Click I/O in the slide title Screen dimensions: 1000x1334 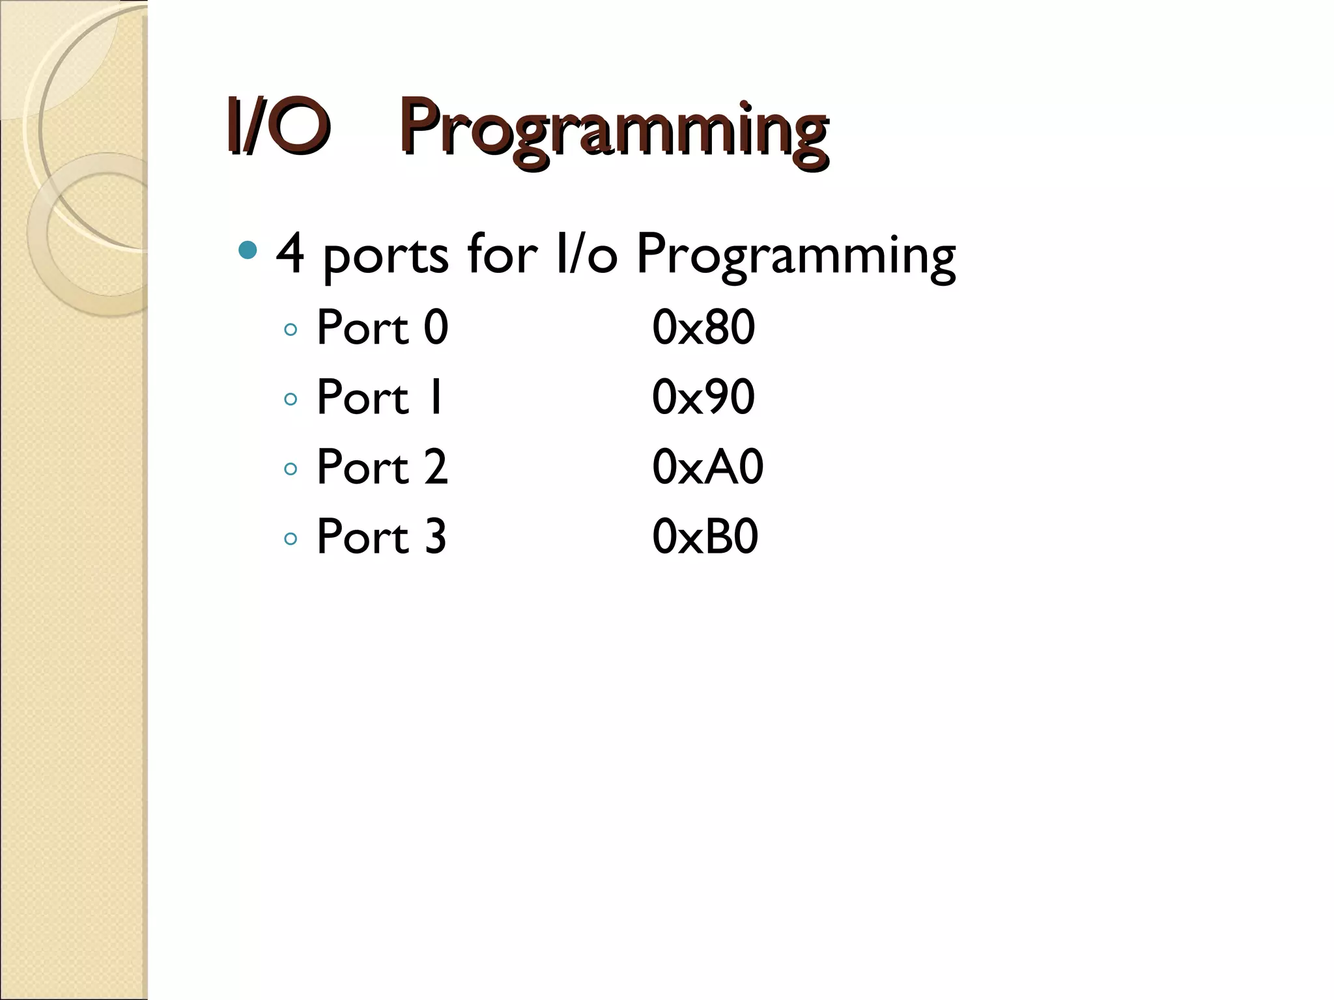click(276, 125)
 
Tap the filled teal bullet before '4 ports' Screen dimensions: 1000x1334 click(248, 250)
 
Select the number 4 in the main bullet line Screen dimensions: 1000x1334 click(291, 254)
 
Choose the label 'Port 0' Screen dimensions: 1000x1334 click(382, 327)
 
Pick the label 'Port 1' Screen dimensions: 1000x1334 click(380, 396)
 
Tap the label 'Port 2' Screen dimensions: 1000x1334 click(382, 467)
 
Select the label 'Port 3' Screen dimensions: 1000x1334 click(382, 536)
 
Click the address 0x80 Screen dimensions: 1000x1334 click(703, 327)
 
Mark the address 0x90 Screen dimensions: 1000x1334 click(703, 396)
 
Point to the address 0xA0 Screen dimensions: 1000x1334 click(707, 467)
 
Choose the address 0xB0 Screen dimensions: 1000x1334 click(705, 536)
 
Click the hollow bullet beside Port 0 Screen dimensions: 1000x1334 click(291, 329)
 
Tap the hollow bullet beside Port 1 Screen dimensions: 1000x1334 click(291, 399)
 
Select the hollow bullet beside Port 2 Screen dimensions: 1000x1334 click(291, 469)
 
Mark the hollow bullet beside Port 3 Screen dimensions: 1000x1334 click(291, 538)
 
